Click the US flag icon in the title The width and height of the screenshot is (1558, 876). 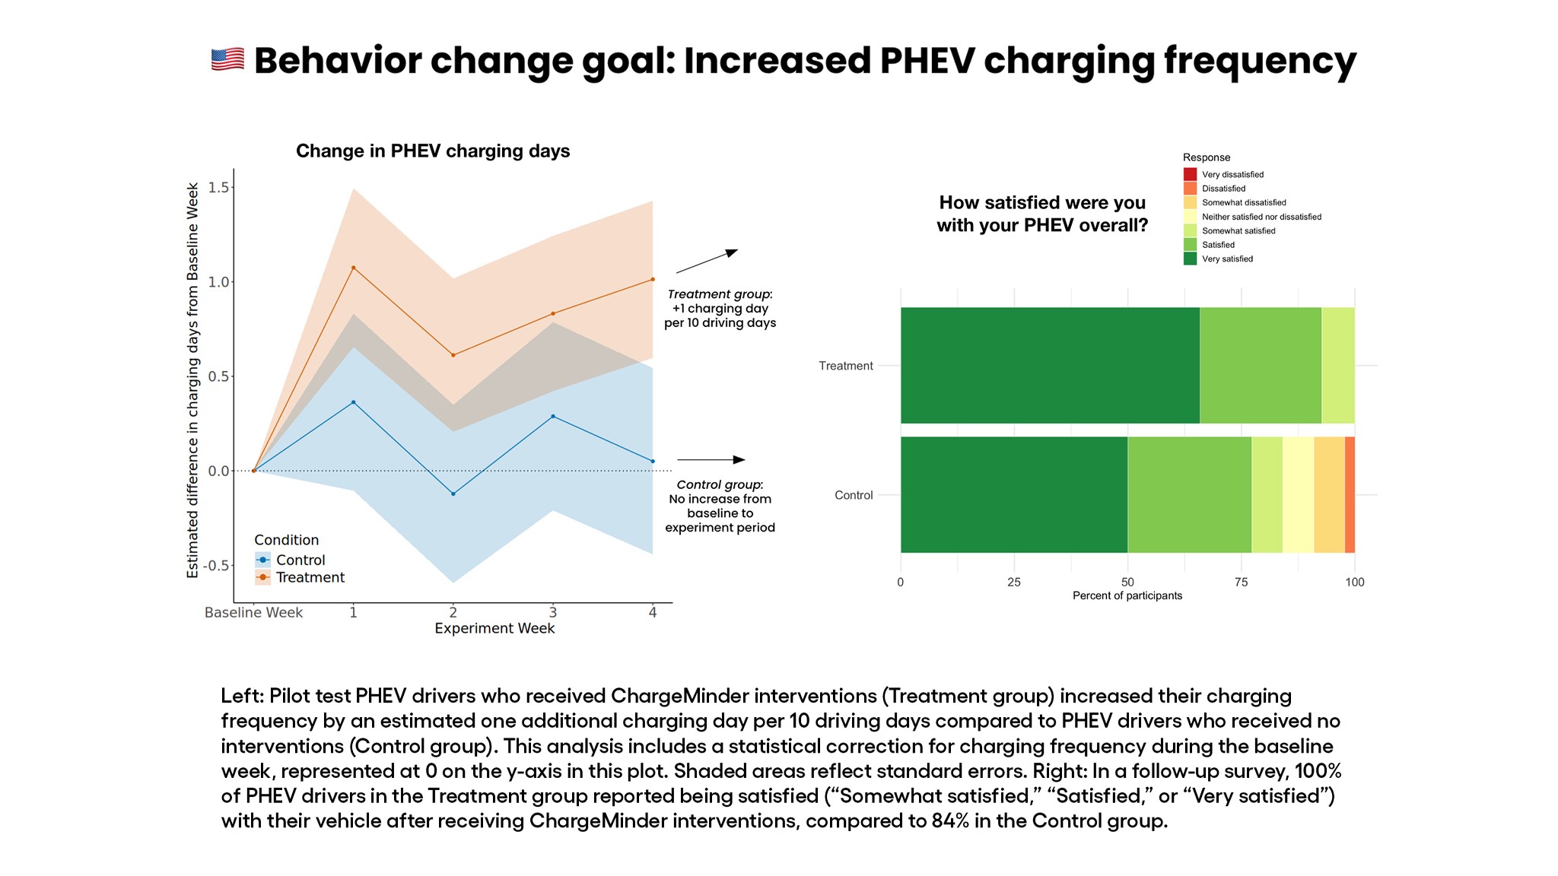pyautogui.click(x=227, y=59)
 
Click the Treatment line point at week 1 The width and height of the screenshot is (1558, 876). pyautogui.click(x=353, y=268)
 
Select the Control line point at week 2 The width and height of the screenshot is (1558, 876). pyautogui.click(x=453, y=494)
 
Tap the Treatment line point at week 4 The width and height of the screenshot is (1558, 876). pyautogui.click(x=653, y=279)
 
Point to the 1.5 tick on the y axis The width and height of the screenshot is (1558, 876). pyautogui.click(x=219, y=187)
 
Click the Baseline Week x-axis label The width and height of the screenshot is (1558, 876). pyautogui.click(x=253, y=613)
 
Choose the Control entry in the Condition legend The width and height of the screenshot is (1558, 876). pyautogui.click(x=300, y=560)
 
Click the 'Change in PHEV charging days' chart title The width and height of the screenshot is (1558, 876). pyautogui.click(x=432, y=151)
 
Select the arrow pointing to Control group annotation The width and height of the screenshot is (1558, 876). pyautogui.click(x=711, y=460)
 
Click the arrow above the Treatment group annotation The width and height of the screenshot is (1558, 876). pyautogui.click(x=707, y=261)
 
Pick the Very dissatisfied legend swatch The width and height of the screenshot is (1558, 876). pyautogui.click(x=1190, y=174)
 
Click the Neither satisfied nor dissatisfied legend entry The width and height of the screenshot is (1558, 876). pyautogui.click(x=1261, y=217)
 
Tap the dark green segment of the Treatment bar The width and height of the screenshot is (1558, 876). pyautogui.click(x=1050, y=365)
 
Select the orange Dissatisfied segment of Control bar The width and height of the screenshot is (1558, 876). pyautogui.click(x=1350, y=494)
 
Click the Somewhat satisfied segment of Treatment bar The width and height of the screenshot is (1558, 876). pyautogui.click(x=1338, y=365)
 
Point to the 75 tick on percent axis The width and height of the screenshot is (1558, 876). pyautogui.click(x=1241, y=582)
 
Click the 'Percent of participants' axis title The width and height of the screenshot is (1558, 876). pyautogui.click(x=1127, y=595)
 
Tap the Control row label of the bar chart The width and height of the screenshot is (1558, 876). pyautogui.click(x=853, y=495)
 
